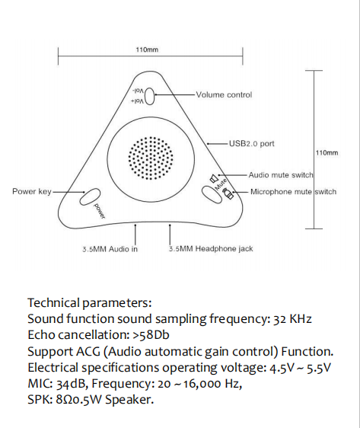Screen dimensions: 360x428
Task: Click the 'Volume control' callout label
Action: point(224,94)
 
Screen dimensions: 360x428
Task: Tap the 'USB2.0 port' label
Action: point(251,144)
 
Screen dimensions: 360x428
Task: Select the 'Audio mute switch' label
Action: point(281,175)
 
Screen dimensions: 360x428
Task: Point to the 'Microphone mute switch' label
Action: point(293,192)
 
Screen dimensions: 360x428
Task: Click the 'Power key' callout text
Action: point(32,191)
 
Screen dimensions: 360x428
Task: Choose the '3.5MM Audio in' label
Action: point(110,249)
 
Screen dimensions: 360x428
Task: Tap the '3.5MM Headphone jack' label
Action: point(211,249)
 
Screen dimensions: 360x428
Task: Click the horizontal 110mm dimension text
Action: point(147,50)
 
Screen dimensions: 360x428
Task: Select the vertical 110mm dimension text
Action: point(327,152)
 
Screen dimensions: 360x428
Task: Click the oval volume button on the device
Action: point(149,96)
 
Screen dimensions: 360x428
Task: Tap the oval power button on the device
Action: point(90,196)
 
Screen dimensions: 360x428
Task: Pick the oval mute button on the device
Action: point(212,194)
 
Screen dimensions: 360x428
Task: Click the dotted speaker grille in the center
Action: point(151,158)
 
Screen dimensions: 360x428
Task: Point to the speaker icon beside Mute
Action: point(214,179)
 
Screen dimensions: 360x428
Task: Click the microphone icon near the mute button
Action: point(228,193)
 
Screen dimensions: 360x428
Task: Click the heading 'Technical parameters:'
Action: point(90,303)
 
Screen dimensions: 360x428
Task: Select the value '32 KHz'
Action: point(292,319)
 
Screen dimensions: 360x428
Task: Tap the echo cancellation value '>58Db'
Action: point(151,335)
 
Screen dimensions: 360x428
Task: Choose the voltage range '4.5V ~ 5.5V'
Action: point(301,368)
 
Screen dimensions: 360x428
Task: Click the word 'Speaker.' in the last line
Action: point(129,400)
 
